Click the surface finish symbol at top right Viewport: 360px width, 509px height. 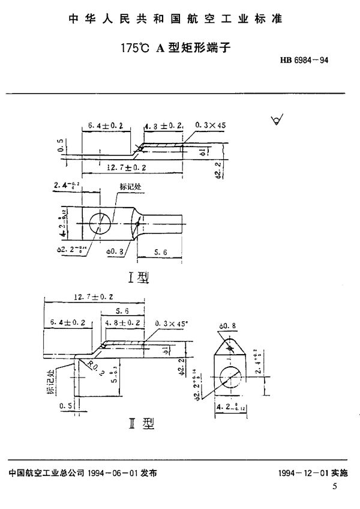[x=277, y=122]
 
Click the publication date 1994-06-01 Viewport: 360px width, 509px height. [x=107, y=472]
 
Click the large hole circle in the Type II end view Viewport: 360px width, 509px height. [x=230, y=378]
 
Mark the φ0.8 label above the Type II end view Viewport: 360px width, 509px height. [x=229, y=327]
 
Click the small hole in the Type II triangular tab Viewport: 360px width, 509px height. [x=230, y=346]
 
